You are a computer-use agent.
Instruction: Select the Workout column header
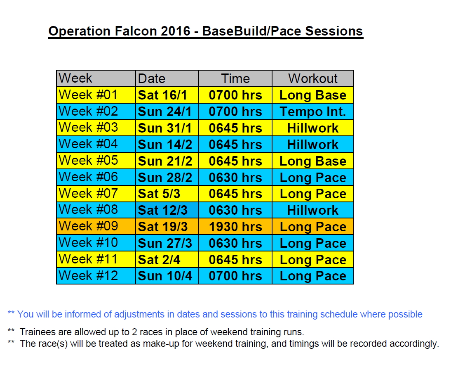(x=312, y=78)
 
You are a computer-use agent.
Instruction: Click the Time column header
(x=235, y=78)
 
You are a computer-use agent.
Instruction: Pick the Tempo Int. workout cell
(x=312, y=111)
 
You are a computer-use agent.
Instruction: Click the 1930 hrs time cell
(x=235, y=227)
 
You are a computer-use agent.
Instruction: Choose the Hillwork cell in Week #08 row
(x=312, y=210)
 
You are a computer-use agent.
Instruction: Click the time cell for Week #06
(x=235, y=178)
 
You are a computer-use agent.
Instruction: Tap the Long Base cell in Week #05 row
(x=312, y=161)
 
